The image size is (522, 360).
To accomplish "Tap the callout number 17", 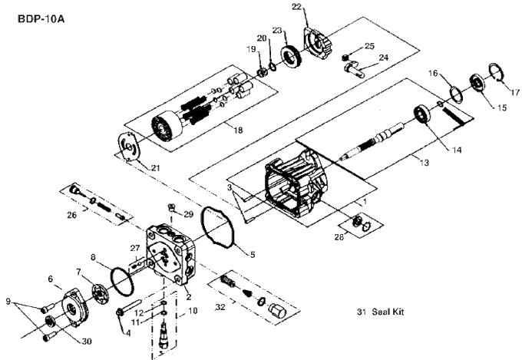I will [514, 92].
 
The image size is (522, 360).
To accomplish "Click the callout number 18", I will [237, 130].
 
